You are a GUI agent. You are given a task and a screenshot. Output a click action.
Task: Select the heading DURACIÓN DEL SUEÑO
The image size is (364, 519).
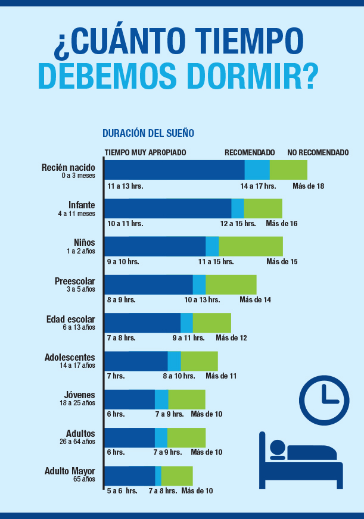click(148, 133)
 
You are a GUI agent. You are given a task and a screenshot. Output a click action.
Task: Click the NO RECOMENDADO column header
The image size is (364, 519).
click(318, 152)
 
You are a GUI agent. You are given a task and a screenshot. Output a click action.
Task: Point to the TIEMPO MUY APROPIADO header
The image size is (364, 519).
click(145, 152)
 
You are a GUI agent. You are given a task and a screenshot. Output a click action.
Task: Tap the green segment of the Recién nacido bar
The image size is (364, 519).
click(288, 170)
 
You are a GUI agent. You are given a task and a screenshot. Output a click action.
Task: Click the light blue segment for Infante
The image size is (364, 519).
click(238, 208)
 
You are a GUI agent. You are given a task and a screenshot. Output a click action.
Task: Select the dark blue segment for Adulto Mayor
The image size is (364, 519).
click(130, 476)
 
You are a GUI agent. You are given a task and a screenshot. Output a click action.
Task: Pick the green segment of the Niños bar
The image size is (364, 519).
click(251, 246)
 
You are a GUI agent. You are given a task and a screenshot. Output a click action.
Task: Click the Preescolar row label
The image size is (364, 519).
click(74, 281)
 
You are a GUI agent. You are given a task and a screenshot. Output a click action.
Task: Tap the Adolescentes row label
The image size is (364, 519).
click(70, 358)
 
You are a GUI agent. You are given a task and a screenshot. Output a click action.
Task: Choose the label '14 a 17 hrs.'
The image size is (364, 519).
click(258, 186)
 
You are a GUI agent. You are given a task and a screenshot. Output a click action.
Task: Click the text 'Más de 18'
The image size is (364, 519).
click(308, 186)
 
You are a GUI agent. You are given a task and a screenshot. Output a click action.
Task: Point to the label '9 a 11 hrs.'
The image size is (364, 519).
click(188, 338)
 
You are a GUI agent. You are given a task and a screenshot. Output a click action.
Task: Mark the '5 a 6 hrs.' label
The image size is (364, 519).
click(122, 491)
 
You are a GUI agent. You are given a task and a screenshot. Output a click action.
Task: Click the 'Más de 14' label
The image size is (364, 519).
click(255, 299)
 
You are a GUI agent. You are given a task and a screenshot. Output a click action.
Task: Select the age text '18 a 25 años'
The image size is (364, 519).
click(77, 403)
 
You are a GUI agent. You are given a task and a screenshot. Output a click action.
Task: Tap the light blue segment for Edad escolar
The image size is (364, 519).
click(186, 323)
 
